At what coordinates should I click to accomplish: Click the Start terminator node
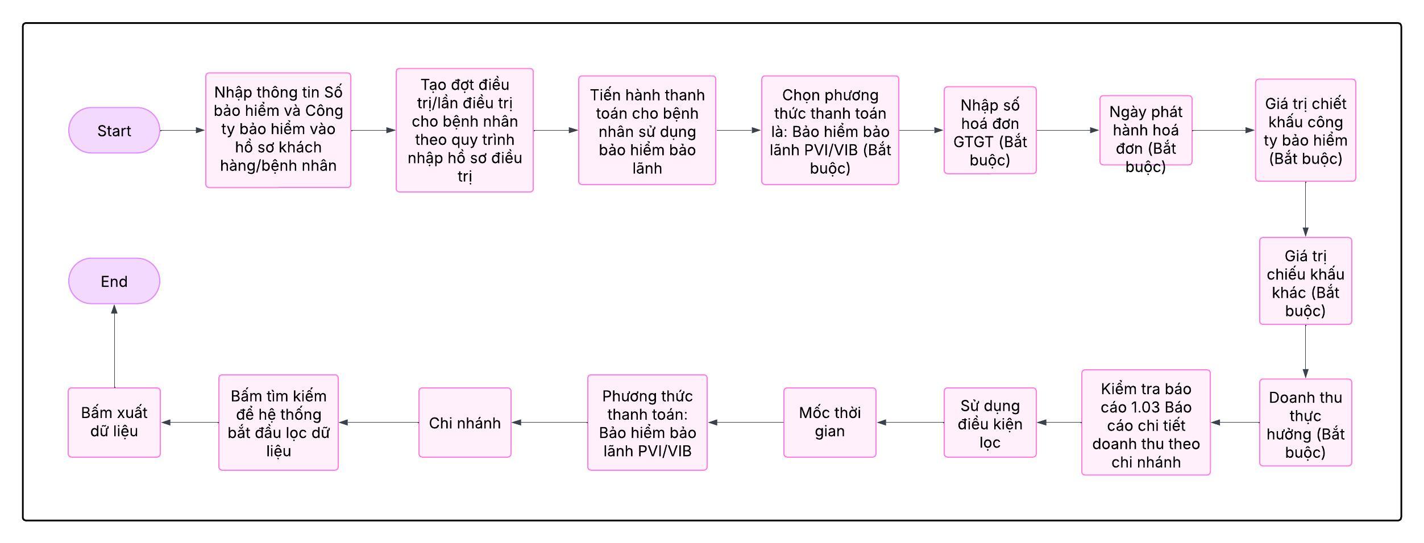(x=114, y=130)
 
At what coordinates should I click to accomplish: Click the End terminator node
(x=114, y=281)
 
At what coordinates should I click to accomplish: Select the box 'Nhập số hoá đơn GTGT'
(x=990, y=130)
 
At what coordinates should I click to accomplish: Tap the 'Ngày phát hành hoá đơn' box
(x=1145, y=130)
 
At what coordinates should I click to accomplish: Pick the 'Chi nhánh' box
(x=464, y=423)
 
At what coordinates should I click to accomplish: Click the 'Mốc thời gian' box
(x=829, y=423)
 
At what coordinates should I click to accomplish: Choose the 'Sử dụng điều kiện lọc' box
(x=990, y=423)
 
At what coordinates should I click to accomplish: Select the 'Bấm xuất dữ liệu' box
(x=114, y=423)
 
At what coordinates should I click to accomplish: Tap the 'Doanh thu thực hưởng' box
(x=1305, y=423)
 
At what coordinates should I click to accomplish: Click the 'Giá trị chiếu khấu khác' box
(x=1305, y=281)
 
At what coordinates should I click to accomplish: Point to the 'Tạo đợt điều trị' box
(x=464, y=130)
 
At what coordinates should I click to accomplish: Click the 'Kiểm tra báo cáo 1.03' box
(x=1145, y=423)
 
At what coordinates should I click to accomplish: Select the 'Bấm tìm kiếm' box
(x=278, y=423)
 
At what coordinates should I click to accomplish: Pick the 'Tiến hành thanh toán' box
(x=647, y=130)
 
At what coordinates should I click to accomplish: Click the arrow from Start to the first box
(x=182, y=130)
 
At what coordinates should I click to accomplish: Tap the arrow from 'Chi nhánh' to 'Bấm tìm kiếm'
(x=379, y=423)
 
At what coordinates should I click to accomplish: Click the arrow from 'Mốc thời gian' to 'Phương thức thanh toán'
(x=745, y=423)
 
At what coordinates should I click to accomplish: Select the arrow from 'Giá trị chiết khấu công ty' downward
(x=1305, y=209)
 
